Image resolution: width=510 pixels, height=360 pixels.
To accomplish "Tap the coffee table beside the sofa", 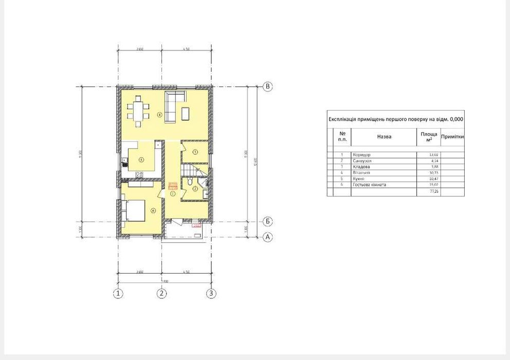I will pos(186,113).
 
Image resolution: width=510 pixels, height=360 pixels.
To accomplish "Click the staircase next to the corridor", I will pos(189,170).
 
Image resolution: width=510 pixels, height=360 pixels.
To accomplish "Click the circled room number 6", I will pos(153,210).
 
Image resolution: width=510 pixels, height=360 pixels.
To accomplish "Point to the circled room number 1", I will pos(173,194).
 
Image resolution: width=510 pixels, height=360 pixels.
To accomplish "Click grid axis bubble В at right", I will pos(267,86).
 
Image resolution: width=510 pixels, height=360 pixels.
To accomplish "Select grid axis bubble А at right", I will pos(267,237).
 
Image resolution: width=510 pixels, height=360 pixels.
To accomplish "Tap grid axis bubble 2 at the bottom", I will pos(162,294).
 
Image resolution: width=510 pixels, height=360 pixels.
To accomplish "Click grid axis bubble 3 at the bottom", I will pos(211,294).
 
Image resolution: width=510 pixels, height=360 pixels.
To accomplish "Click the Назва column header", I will pos(384,137).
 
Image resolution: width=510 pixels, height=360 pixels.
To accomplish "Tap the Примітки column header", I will pos(452,137).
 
